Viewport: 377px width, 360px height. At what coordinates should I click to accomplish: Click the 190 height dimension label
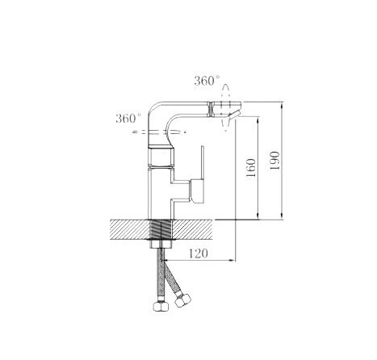(274, 161)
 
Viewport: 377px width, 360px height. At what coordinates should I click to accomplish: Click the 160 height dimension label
(251, 167)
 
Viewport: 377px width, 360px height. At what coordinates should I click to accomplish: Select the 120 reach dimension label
(198, 253)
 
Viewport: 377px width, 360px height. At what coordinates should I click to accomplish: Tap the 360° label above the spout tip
(207, 81)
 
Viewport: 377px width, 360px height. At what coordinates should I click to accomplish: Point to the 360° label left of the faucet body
(128, 119)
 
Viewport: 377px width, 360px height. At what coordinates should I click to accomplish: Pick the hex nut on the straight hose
(161, 307)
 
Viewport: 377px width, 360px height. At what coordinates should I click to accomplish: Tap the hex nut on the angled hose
(182, 300)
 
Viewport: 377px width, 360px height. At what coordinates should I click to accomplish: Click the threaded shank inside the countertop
(161, 229)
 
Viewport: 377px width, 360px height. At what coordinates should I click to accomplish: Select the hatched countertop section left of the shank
(129, 229)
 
